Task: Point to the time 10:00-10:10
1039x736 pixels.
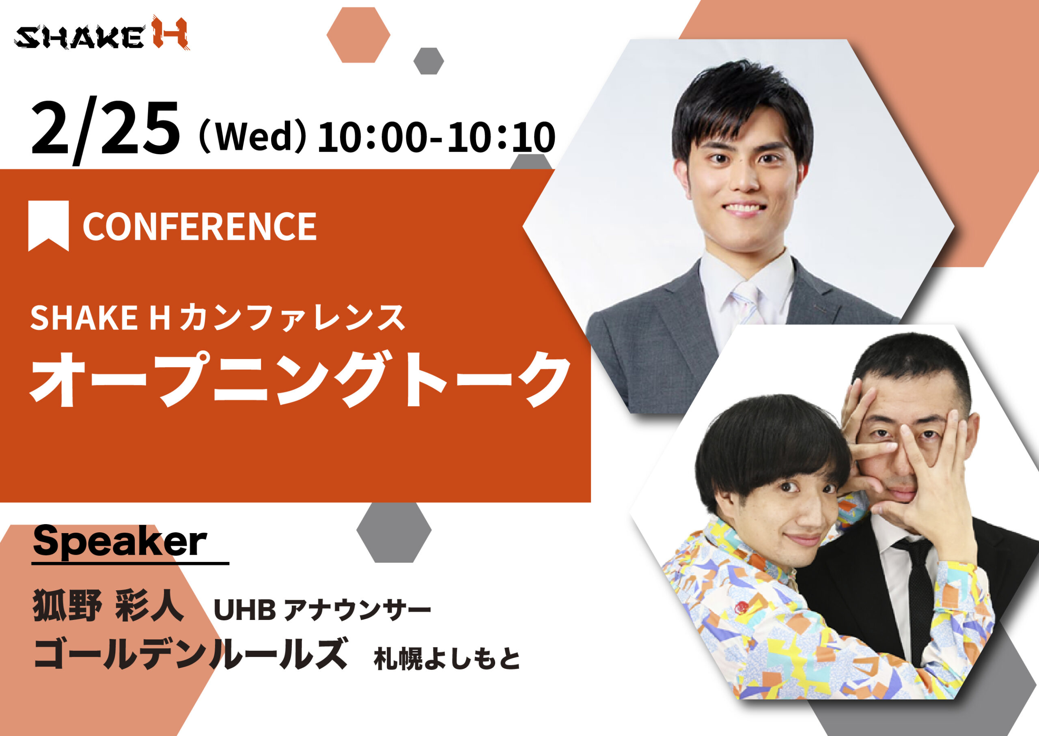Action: coord(436,137)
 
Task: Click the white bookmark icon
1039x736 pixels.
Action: coord(49,225)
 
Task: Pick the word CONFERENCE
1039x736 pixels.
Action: coord(199,226)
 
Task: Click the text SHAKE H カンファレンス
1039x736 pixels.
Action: coord(218,318)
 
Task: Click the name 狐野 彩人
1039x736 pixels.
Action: coord(108,605)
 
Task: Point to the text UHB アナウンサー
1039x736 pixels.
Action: coord(322,610)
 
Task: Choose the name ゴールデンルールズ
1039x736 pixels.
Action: coord(190,654)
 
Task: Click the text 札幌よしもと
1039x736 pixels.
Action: coord(447,659)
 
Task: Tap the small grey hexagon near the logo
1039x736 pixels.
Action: coord(428,61)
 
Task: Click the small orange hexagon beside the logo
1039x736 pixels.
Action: coord(358,35)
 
